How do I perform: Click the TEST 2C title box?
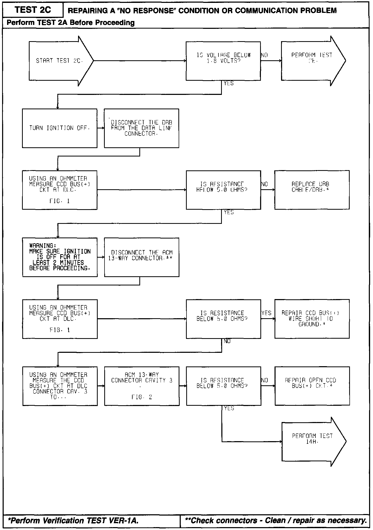[33, 10]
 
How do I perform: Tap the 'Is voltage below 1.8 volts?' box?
[223, 61]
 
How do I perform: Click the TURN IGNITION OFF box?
[59, 128]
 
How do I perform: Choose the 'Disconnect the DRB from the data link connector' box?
[141, 128]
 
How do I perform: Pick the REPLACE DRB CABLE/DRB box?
[312, 190]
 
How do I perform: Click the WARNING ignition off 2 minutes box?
[60, 257]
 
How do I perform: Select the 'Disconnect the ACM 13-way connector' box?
[141, 257]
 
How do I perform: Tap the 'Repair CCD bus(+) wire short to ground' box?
[312, 319]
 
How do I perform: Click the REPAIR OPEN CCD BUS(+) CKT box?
[312, 386]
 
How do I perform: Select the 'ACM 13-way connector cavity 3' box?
[142, 386]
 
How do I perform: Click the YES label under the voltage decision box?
[229, 83]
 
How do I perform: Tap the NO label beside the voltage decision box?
[264, 55]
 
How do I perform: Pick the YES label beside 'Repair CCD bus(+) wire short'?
[266, 313]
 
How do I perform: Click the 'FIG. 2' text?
[142, 397]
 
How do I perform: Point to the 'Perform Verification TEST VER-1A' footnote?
[73, 520]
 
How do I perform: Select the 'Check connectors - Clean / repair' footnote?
[276, 520]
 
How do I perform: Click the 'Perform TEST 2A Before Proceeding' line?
[71, 23]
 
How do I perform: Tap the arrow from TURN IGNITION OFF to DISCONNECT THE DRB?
[101, 128]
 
